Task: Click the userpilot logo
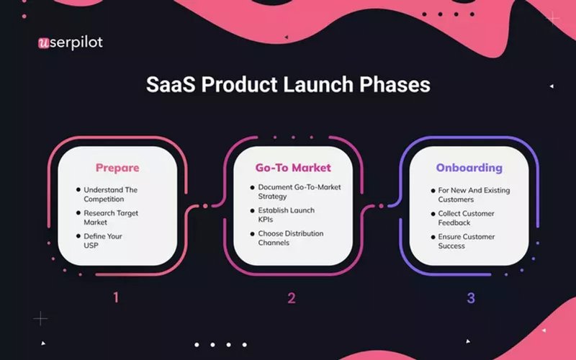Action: (x=70, y=42)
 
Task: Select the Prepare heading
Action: (x=117, y=168)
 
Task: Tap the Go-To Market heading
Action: (x=293, y=168)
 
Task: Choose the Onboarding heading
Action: (x=469, y=168)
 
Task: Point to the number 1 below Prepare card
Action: (x=115, y=297)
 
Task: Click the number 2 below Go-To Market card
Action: (x=292, y=297)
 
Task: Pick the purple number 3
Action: (x=471, y=297)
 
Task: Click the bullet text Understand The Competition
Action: (x=110, y=194)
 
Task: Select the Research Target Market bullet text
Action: (x=111, y=218)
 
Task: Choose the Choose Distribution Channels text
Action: (x=291, y=238)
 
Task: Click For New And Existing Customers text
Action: (x=473, y=194)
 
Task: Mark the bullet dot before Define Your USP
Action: (x=78, y=236)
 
